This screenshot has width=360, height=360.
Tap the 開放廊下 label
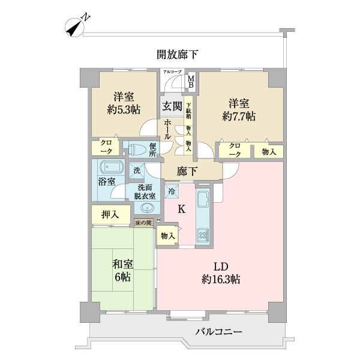tap(178, 55)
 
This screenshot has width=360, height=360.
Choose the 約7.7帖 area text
tap(238, 116)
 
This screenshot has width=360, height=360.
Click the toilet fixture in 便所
tap(133, 148)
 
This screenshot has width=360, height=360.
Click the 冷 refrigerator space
tap(172, 191)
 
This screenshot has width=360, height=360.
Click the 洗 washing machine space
tap(137, 170)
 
